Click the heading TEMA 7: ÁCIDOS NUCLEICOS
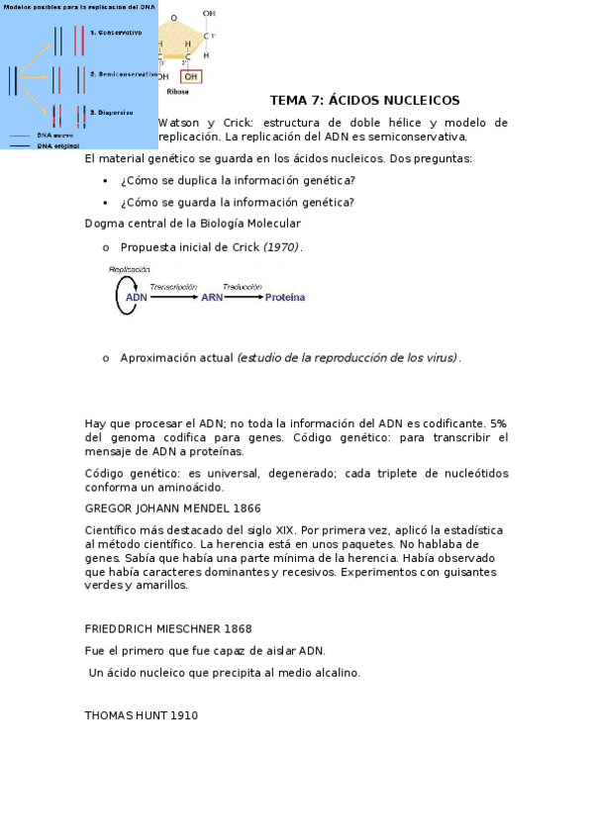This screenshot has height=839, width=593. (364, 101)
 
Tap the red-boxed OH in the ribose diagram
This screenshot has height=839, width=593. (191, 76)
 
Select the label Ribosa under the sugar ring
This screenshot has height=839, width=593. (177, 91)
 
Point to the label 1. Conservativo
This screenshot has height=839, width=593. (116, 33)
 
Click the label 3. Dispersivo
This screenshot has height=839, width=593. (111, 112)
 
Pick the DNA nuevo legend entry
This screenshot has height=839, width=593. (54, 135)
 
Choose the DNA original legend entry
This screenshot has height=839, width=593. (57, 144)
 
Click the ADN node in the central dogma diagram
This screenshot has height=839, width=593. (136, 297)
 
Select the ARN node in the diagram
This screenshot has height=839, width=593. (212, 297)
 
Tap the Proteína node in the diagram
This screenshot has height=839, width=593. (285, 297)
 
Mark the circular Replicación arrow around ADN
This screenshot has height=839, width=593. (120, 296)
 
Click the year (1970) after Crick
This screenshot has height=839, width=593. (282, 247)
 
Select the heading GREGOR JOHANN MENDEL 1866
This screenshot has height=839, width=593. (172, 509)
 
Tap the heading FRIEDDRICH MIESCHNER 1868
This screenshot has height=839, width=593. (168, 629)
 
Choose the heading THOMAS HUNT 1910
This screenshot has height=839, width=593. (141, 715)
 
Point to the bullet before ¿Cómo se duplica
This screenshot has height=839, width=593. (105, 181)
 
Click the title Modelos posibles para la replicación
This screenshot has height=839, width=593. (79, 6)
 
